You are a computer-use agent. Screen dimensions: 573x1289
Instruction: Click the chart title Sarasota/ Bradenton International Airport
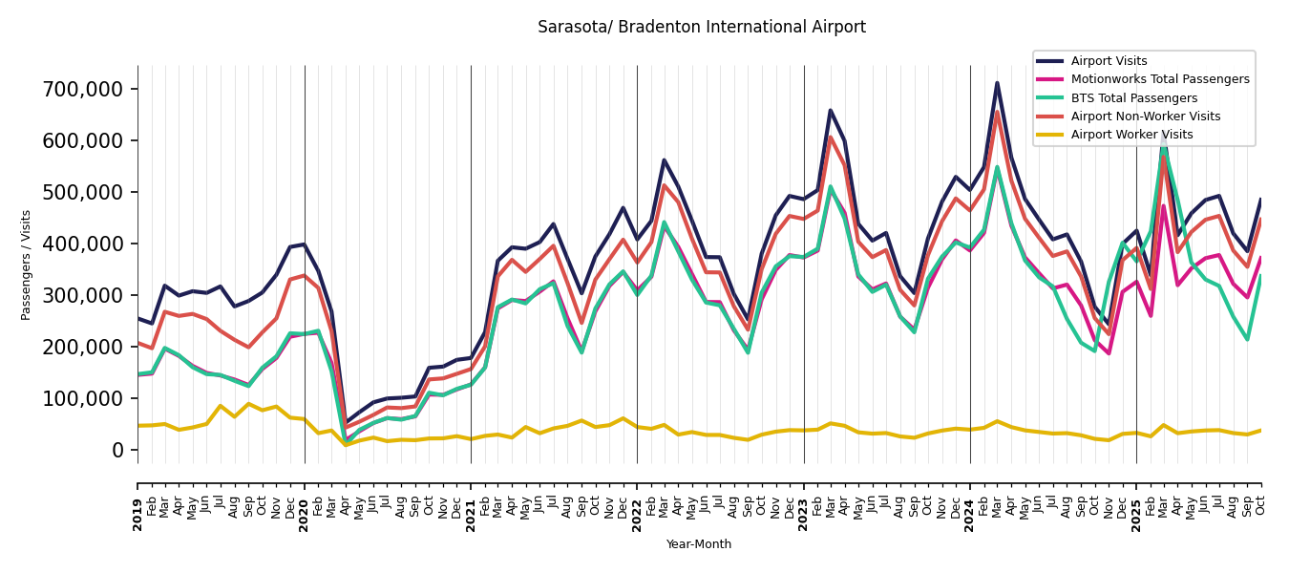[x=702, y=28]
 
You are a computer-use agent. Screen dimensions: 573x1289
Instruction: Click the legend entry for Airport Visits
[x=1109, y=61]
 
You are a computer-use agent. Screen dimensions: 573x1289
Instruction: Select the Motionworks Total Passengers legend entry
[x=1159, y=79]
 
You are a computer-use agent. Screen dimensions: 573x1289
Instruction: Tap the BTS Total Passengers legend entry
[x=1133, y=98]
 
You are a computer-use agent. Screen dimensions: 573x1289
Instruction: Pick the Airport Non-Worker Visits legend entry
[x=1145, y=117]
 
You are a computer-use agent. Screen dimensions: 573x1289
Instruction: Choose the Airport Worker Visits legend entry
[x=1131, y=135]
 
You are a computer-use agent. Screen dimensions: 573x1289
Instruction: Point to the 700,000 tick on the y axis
[x=84, y=90]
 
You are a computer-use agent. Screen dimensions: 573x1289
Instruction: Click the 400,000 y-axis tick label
[x=84, y=244]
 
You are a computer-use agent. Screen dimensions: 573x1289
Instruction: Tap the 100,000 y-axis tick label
[x=84, y=398]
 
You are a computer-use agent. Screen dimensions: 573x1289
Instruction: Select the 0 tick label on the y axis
[x=118, y=450]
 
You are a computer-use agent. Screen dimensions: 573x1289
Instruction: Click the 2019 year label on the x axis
[x=137, y=501]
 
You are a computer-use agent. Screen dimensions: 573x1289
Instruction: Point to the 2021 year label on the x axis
[x=471, y=501]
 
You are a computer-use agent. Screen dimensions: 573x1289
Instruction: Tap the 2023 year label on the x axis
[x=804, y=501]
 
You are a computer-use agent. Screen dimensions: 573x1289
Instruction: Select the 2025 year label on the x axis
[x=1136, y=501]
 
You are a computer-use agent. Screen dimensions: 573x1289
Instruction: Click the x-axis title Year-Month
[x=699, y=544]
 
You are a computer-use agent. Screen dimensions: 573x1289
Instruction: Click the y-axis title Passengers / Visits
[x=27, y=265]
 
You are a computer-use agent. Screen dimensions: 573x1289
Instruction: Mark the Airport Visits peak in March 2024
[x=997, y=83]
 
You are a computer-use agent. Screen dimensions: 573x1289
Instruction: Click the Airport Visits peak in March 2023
[x=831, y=111]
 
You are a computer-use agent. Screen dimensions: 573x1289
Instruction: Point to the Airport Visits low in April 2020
[x=346, y=424]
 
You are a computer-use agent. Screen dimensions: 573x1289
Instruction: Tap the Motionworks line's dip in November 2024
[x=1109, y=353]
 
